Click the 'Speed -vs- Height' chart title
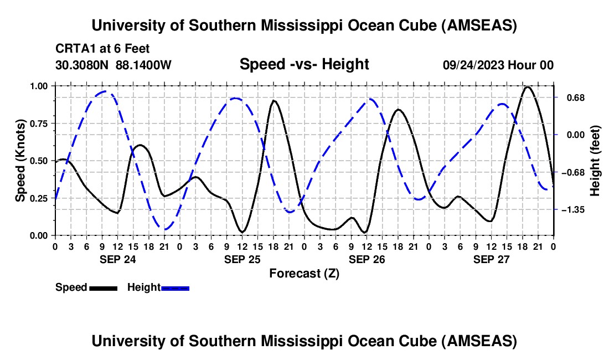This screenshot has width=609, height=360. [x=304, y=64]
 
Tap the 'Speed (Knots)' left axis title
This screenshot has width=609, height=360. [x=20, y=161]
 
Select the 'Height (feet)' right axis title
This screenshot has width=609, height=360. [x=595, y=161]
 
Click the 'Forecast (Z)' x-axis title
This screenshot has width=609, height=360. [x=304, y=273]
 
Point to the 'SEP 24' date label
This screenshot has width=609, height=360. [x=117, y=259]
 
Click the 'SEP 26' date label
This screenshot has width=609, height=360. [x=367, y=259]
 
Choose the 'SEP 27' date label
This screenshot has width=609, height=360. [x=491, y=259]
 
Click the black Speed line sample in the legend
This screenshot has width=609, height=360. [x=103, y=287]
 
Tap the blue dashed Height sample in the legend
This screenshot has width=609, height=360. [x=175, y=287]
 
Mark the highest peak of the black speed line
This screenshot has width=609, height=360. [x=528, y=87]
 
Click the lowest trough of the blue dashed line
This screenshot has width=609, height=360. [x=164, y=229]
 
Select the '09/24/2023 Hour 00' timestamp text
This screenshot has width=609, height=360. [x=498, y=65]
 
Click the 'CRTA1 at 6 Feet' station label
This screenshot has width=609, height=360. [x=102, y=49]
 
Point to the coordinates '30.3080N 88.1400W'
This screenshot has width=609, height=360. [x=113, y=65]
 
